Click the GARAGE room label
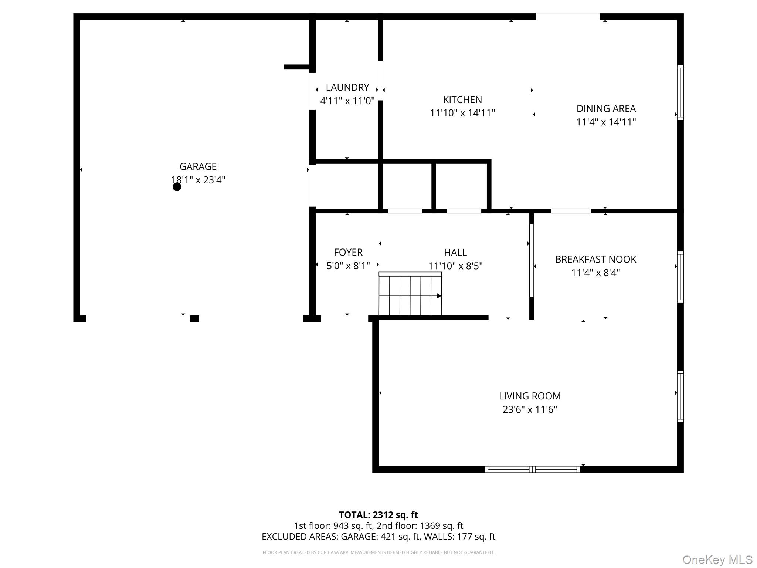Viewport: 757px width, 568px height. coord(198,167)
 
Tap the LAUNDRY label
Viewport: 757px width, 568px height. coord(347,88)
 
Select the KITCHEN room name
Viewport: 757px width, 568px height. coord(462,100)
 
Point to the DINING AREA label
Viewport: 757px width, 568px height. coord(606,109)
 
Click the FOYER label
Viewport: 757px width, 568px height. coord(348,253)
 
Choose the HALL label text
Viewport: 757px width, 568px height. coord(455,253)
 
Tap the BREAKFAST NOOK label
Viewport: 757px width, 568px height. coord(595,260)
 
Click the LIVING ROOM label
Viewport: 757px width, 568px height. coord(530,396)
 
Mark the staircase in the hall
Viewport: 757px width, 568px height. coord(410,294)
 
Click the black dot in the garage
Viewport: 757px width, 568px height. coord(177,187)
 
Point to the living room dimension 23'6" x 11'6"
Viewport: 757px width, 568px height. coord(530,410)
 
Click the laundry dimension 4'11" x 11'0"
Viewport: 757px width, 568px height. coord(347,101)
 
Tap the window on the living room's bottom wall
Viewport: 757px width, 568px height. coord(532,469)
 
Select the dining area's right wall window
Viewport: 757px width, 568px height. coord(680,92)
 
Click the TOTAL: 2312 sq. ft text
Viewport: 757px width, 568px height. coord(378,515)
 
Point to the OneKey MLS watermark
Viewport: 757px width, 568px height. coord(717,560)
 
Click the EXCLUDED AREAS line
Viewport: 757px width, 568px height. coord(378,537)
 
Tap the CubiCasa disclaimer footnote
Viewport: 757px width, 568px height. coord(378,552)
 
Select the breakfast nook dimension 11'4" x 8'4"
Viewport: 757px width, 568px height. coord(595,273)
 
